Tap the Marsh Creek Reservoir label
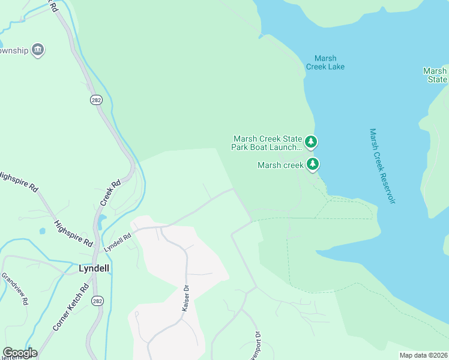[x=382, y=166]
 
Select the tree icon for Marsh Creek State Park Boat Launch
[x=311, y=142]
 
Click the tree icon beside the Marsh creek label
[x=312, y=164]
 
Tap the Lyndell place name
[x=94, y=268]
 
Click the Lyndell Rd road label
[x=117, y=242]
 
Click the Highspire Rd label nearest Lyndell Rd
[x=74, y=233]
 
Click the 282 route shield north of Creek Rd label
[x=96, y=100]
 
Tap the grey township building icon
[x=38, y=50]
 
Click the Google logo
[x=20, y=353]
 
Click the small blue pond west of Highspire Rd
[x=43, y=231]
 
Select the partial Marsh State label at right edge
[x=435, y=75]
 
